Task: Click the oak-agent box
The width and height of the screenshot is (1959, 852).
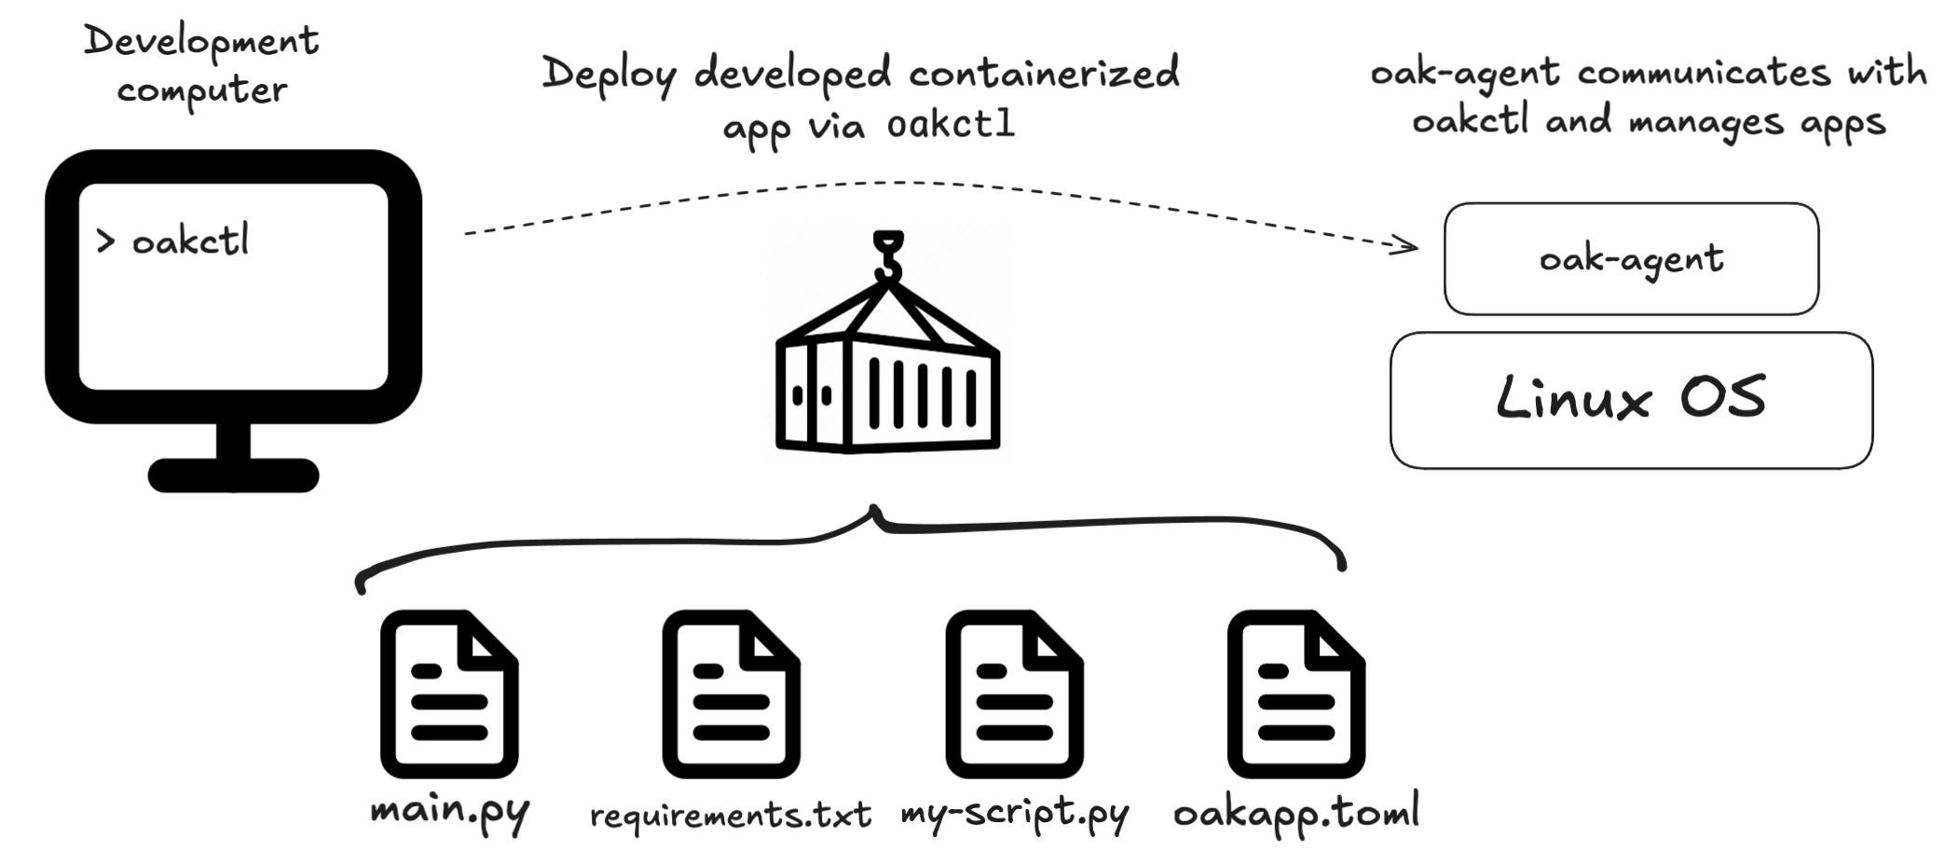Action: pyautogui.click(x=1630, y=258)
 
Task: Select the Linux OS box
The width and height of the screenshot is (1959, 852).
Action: pyautogui.click(x=1630, y=400)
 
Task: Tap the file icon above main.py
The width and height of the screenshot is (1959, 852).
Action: pyautogui.click(x=449, y=694)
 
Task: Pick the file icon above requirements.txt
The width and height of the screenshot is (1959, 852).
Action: pyautogui.click(x=732, y=694)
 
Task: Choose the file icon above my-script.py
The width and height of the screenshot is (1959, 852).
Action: pyautogui.click(x=1014, y=694)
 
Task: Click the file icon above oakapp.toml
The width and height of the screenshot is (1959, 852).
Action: pyautogui.click(x=1296, y=694)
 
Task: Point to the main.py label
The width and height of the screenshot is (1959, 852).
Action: pyautogui.click(x=449, y=811)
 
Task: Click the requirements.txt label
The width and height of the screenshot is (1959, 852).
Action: pyautogui.click(x=731, y=815)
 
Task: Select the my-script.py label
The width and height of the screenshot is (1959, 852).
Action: pyautogui.click(x=1014, y=813)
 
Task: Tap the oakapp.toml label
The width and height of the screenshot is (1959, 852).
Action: pyautogui.click(x=1296, y=811)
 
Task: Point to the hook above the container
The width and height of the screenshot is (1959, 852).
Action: pyautogui.click(x=888, y=255)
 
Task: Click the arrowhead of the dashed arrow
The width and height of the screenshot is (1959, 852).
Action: pyautogui.click(x=1407, y=245)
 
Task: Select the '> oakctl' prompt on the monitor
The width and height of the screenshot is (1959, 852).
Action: pyautogui.click(x=173, y=241)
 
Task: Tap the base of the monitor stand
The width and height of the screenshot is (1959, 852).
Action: pyautogui.click(x=233, y=475)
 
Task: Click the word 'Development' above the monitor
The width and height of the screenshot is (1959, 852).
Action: pyautogui.click(x=201, y=41)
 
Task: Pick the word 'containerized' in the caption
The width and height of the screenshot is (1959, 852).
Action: pyautogui.click(x=1044, y=74)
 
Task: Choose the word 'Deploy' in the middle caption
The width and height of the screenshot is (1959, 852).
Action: pyautogui.click(x=610, y=74)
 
